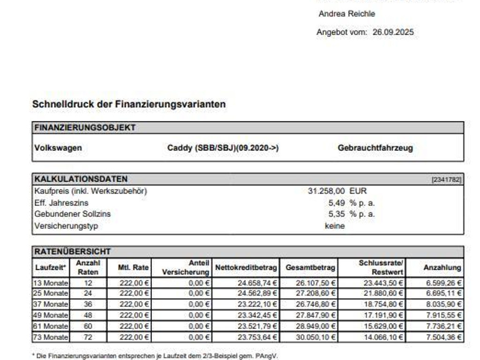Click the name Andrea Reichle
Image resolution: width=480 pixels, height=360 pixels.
click(x=346, y=14)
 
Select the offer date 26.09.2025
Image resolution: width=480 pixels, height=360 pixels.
click(x=393, y=32)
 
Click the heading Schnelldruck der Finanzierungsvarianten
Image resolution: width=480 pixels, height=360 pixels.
click(x=129, y=104)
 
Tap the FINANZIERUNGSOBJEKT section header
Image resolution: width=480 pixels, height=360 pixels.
click(x=85, y=127)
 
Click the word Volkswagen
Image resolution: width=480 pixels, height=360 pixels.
click(x=58, y=148)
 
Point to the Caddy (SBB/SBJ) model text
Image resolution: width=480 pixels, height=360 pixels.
click(x=223, y=148)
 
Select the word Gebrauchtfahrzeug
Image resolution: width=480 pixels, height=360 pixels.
click(x=375, y=148)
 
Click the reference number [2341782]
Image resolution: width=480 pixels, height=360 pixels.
click(x=446, y=180)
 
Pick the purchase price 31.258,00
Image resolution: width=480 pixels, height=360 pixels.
click(x=326, y=191)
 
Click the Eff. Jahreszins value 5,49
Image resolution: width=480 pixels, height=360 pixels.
click(x=337, y=203)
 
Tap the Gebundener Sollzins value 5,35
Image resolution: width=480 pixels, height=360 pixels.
click(x=337, y=214)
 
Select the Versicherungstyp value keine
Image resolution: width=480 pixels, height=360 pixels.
click(x=335, y=226)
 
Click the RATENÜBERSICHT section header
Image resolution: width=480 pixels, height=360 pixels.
click(x=72, y=252)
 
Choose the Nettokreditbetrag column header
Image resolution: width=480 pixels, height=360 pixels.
click(x=246, y=268)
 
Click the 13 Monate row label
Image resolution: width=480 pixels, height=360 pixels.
click(x=51, y=283)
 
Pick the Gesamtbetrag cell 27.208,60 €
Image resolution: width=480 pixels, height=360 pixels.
click(x=315, y=293)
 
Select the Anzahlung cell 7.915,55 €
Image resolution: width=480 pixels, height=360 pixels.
click(x=443, y=315)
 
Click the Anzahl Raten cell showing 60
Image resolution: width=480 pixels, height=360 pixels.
click(x=88, y=326)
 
